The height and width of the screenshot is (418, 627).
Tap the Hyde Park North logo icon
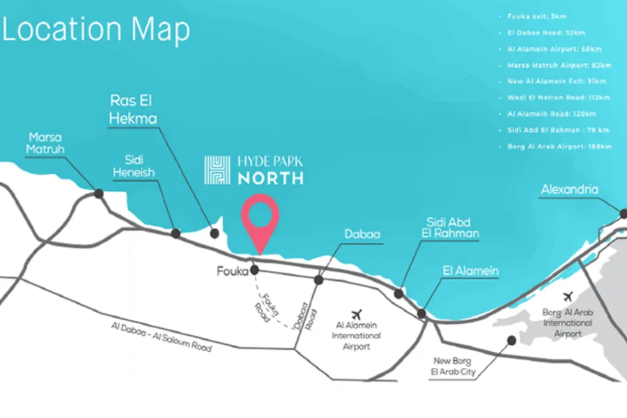point(217,170)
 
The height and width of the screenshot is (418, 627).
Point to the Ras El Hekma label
point(132,109)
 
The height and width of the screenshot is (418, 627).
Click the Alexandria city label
point(569,189)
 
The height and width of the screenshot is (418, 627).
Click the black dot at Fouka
point(255,270)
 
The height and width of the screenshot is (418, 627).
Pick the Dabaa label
point(362,235)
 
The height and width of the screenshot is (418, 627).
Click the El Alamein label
point(470,271)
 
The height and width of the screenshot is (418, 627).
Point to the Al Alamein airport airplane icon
point(358,314)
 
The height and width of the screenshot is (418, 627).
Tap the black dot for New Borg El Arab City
point(511,341)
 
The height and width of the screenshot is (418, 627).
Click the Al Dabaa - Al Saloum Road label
point(160,336)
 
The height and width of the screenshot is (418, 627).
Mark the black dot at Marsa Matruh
point(99,193)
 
